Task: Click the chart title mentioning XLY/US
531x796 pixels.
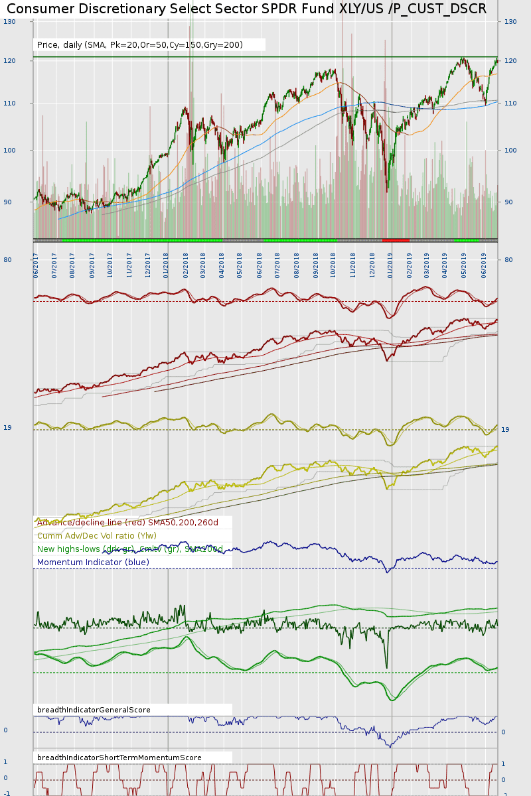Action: pos(246,9)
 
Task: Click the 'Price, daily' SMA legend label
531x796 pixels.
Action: pos(140,45)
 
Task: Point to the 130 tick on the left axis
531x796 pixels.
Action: pos(9,22)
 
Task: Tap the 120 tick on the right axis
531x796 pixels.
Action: pos(510,61)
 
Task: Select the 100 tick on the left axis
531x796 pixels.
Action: pos(9,151)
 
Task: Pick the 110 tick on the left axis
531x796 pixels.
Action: pos(9,103)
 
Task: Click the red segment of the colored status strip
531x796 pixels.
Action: pos(396,239)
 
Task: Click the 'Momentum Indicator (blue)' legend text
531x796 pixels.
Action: pos(93,563)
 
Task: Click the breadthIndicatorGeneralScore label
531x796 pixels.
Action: pos(94,710)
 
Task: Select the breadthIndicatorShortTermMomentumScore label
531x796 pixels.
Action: pos(119,758)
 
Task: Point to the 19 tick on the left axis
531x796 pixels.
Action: pos(7,428)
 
